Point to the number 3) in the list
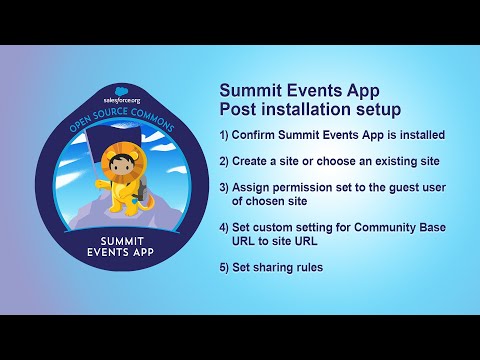(225, 187)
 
